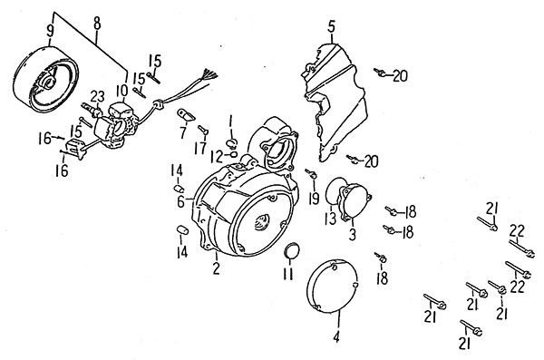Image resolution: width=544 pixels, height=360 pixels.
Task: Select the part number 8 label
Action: [97, 24]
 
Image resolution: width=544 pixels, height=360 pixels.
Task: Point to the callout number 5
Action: [331, 26]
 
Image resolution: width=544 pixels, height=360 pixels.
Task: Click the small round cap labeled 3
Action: [355, 202]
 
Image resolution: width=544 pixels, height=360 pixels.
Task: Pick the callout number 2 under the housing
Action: [216, 268]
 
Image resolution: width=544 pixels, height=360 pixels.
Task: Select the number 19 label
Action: [314, 199]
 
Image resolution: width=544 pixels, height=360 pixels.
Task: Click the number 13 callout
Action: [330, 219]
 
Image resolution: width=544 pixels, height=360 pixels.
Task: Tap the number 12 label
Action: [217, 157]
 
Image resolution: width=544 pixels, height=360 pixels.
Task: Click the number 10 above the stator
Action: [122, 91]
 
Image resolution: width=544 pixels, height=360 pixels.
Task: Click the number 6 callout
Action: [180, 201]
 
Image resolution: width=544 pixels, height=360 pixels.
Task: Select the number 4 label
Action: [335, 337]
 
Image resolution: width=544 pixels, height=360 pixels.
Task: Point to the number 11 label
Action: [288, 274]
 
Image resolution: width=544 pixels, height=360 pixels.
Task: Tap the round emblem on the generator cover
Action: [262, 221]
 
